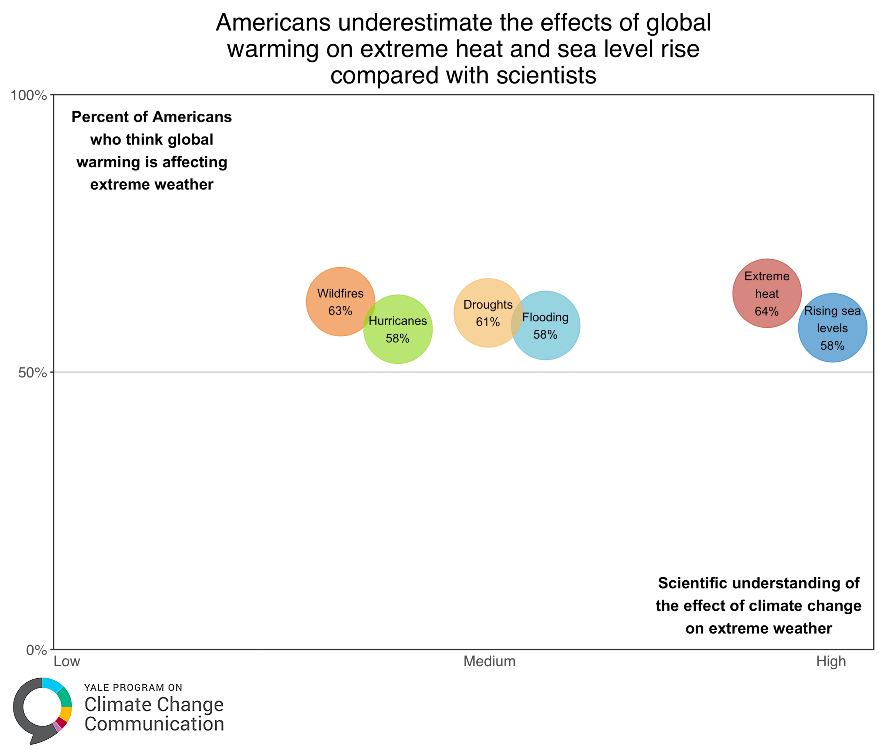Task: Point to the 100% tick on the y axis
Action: (28, 95)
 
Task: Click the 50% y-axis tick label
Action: (32, 373)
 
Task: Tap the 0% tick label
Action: (36, 650)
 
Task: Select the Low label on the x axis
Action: (67, 661)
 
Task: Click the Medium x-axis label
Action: (489, 661)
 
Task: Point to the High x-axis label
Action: (831, 661)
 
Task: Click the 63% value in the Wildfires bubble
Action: (340, 311)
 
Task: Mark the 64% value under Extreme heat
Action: (767, 311)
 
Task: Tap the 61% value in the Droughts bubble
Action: (488, 322)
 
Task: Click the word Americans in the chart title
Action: (273, 22)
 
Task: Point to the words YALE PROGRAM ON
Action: (133, 688)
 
